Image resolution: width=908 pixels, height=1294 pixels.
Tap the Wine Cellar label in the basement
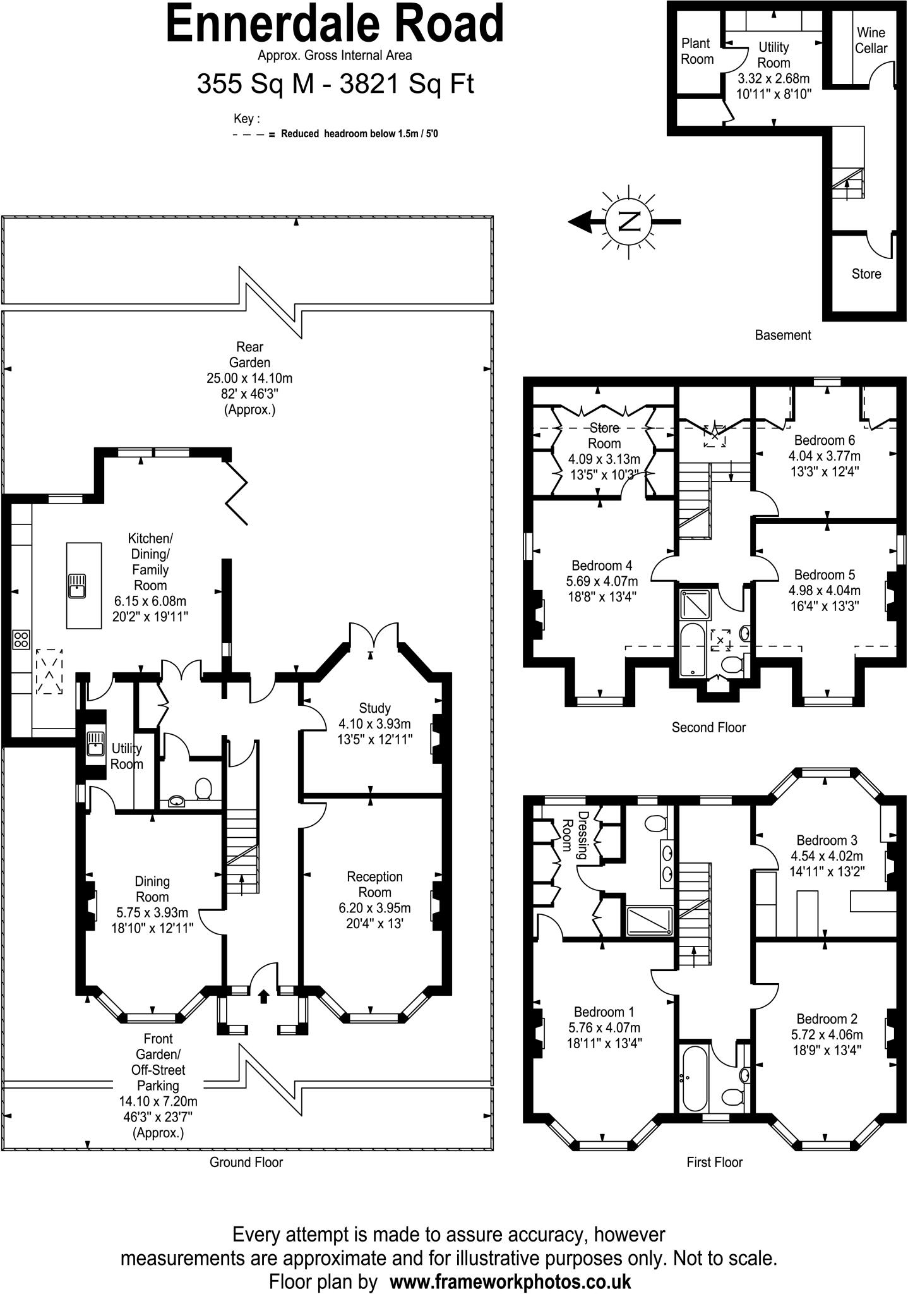pyautogui.click(x=871, y=40)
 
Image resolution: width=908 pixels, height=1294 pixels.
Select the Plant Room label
pyautogui.click(x=696, y=51)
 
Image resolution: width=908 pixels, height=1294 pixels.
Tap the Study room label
pyautogui.click(x=374, y=708)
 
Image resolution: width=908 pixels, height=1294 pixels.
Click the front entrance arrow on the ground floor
pyautogui.click(x=263, y=996)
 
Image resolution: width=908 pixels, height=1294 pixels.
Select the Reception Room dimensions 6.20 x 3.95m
pyautogui.click(x=374, y=908)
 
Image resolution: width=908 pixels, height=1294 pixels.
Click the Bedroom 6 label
pyautogui.click(x=824, y=440)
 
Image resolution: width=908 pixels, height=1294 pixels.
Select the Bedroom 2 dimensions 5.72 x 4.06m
pyautogui.click(x=827, y=1035)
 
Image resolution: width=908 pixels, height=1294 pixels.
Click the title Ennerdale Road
pyautogui.click(x=335, y=23)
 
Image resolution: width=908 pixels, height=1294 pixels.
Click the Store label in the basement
pyautogui.click(x=866, y=274)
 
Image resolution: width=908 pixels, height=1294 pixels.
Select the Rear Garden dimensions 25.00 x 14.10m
pyautogui.click(x=249, y=378)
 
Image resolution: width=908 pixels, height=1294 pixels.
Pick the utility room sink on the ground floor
pyautogui.click(x=95, y=743)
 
